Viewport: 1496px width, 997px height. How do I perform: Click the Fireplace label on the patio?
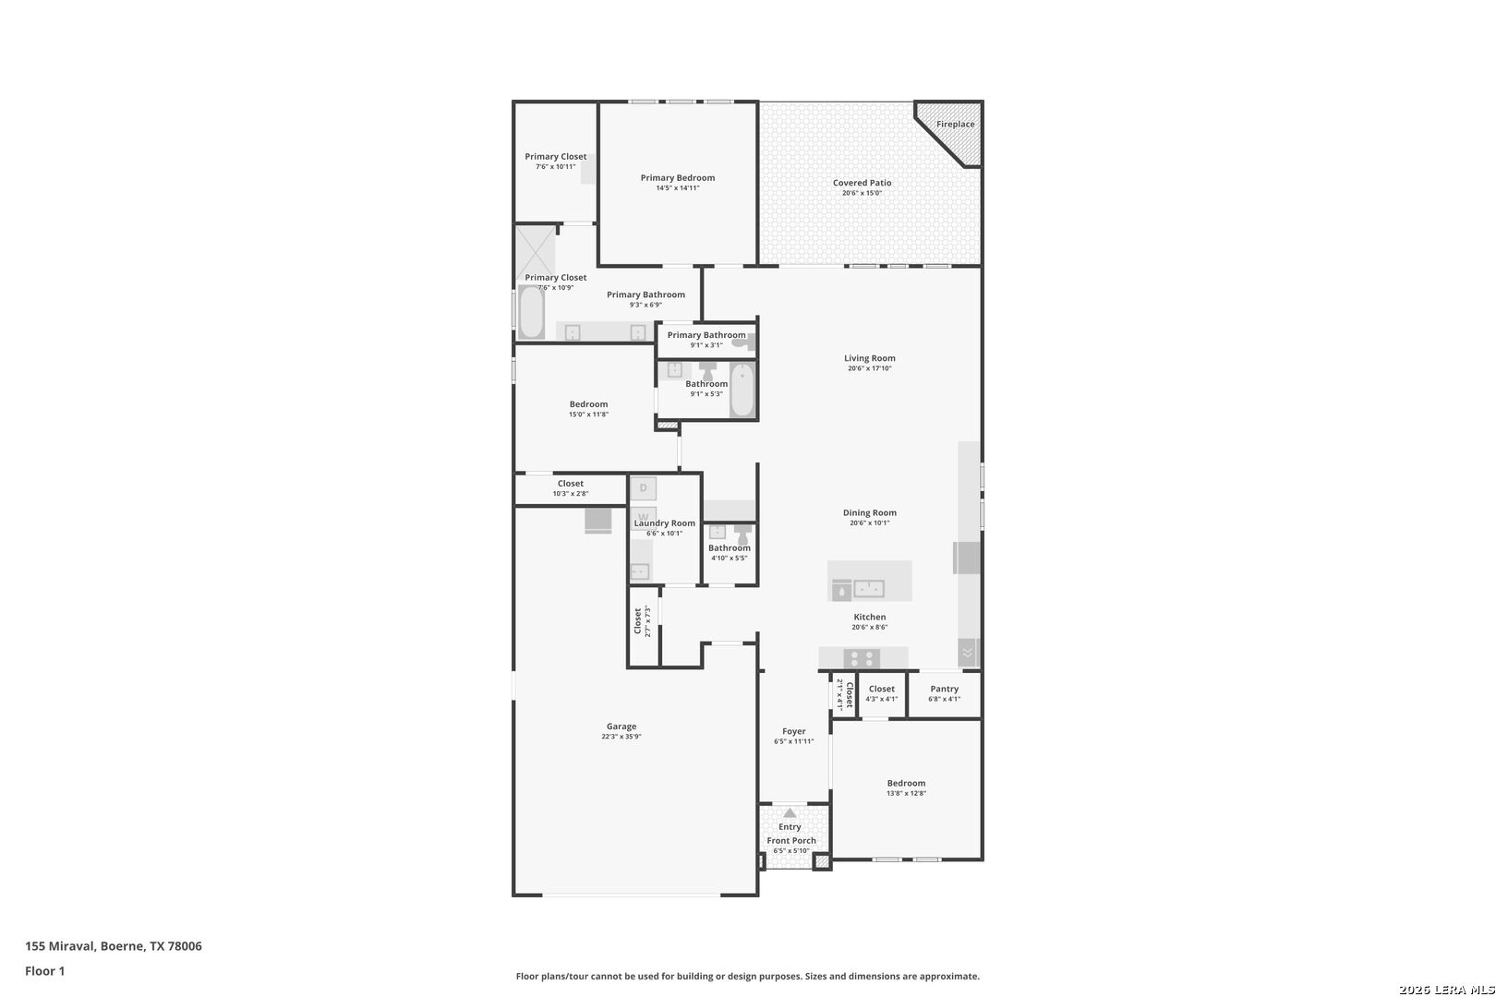click(x=955, y=125)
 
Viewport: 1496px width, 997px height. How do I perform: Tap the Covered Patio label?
click(x=862, y=182)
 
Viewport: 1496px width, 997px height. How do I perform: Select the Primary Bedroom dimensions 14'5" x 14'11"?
click(x=677, y=188)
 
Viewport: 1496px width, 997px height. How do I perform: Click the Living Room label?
click(x=869, y=358)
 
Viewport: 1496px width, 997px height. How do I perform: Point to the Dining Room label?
click(x=869, y=513)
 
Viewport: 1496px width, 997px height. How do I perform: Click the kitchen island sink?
click(x=869, y=588)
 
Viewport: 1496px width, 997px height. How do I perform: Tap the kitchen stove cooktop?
click(x=862, y=658)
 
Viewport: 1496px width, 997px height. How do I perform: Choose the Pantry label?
click(x=944, y=689)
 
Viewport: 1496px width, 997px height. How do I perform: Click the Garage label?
click(x=621, y=726)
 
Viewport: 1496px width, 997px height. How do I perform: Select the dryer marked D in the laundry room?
click(x=643, y=488)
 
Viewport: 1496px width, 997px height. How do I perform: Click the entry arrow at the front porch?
click(x=790, y=812)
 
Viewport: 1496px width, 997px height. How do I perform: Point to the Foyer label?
click(x=793, y=731)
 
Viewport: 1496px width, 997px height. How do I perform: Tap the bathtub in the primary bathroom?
click(x=532, y=311)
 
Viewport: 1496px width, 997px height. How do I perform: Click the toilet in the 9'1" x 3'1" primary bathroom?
click(x=743, y=342)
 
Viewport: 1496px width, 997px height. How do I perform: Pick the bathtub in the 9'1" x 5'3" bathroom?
click(x=742, y=390)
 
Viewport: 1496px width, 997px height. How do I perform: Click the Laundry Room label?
click(x=664, y=523)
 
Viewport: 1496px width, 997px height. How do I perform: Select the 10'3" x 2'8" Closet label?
click(x=571, y=484)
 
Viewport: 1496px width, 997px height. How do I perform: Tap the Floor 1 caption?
click(x=44, y=971)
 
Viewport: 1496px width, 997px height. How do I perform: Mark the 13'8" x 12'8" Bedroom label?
click(x=906, y=783)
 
